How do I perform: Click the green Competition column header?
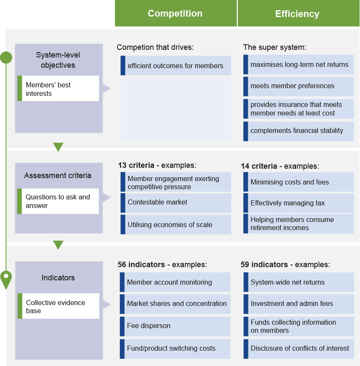[175, 14]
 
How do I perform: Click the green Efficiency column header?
[297, 14]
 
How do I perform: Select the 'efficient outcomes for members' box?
[176, 66]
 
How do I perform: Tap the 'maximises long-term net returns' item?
[299, 65]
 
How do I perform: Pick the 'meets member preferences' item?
[299, 86]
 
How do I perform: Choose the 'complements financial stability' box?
[299, 131]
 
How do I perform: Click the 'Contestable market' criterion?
[176, 202]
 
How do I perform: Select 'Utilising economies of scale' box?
[176, 225]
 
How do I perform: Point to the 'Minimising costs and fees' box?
[299, 182]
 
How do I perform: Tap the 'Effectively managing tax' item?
[299, 203]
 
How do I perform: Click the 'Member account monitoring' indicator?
[175, 282]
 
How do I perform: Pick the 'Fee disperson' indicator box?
[175, 326]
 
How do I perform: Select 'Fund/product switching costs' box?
[175, 349]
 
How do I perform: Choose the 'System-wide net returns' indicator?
[299, 282]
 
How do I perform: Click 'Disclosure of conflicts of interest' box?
[299, 349]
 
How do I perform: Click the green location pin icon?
[6, 279]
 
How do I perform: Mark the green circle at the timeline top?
[6, 58]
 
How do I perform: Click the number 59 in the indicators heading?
[245, 265]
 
